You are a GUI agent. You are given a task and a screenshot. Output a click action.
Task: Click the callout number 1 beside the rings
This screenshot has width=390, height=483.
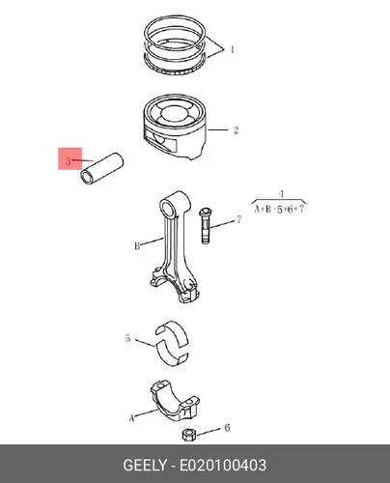click(232, 49)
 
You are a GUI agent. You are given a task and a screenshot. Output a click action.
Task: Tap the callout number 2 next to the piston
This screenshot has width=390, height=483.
click(236, 130)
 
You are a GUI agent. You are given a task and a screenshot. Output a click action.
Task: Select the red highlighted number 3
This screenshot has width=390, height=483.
click(69, 161)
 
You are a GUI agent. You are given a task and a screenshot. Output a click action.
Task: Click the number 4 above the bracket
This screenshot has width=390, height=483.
click(281, 194)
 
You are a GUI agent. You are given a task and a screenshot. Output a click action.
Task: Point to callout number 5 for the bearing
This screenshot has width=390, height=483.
click(127, 338)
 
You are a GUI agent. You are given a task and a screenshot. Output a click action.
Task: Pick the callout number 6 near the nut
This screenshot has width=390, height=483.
click(227, 428)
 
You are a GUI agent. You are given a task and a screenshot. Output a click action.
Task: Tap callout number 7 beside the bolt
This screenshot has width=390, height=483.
click(238, 219)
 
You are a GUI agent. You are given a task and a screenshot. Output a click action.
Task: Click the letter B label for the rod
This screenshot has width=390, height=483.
click(137, 246)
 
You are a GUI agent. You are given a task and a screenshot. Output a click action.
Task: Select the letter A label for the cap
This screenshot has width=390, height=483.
click(131, 418)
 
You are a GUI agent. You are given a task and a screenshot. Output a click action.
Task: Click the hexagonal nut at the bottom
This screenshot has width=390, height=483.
click(187, 435)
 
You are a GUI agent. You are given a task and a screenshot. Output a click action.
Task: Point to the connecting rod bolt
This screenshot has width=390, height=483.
click(206, 225)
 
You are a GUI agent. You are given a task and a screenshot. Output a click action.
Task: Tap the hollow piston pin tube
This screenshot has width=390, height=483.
click(102, 168)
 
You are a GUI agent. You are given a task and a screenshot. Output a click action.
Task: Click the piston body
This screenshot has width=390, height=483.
click(175, 128)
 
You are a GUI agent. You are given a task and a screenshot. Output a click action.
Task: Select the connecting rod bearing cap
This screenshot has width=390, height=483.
click(175, 401)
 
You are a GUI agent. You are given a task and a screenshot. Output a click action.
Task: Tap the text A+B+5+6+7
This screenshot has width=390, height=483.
click(279, 210)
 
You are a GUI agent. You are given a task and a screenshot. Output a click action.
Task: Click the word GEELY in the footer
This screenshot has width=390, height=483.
click(145, 466)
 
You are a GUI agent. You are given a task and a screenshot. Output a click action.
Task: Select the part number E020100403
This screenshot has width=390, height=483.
click(223, 466)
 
